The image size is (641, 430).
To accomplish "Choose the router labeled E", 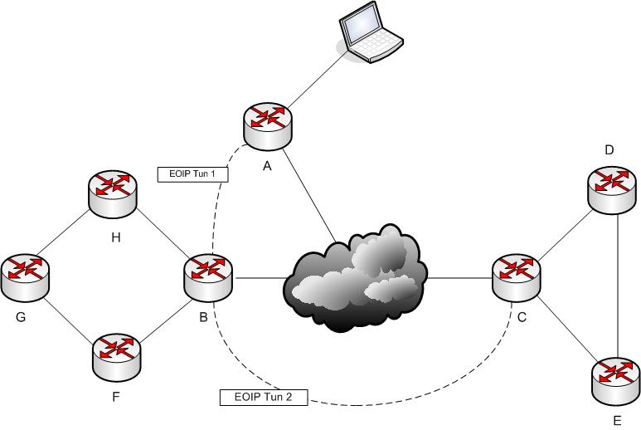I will point(616,379).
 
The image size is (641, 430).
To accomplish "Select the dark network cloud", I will point(356,276).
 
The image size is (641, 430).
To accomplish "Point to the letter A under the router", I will point(266,166).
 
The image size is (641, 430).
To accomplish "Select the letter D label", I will point(609,150).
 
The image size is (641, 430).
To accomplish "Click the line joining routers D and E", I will point(620,282).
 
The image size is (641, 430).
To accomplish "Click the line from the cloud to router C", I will point(458,276).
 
